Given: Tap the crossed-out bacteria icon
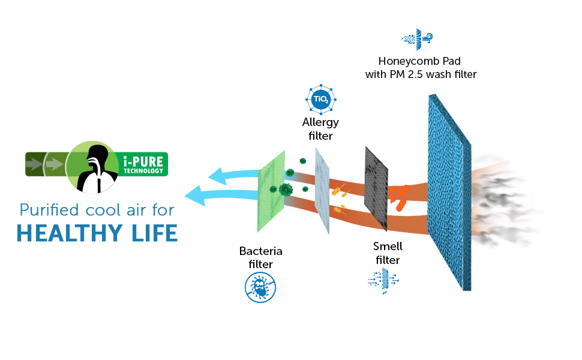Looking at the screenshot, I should click(x=260, y=287).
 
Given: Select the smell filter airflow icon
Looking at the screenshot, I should click(x=383, y=282).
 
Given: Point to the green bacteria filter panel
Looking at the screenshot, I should click(x=272, y=190).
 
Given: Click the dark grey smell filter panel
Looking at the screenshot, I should click(x=377, y=186).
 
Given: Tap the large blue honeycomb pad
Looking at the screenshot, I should click(x=449, y=192).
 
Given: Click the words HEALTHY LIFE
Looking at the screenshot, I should click(x=97, y=233).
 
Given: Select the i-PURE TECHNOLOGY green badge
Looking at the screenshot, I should click(x=145, y=164).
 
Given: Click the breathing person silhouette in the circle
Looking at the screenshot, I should click(x=94, y=166).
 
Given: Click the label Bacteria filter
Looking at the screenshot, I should click(x=260, y=257).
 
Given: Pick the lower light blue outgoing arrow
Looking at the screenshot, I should click(x=219, y=195).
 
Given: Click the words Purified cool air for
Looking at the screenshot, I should click(x=97, y=210).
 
